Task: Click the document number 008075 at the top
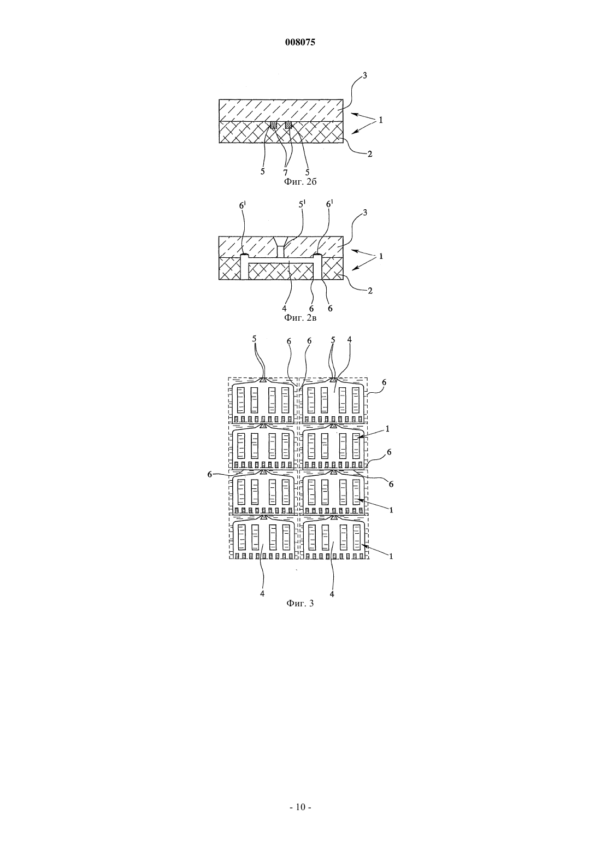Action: pyautogui.click(x=300, y=43)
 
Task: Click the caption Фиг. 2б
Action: pyautogui.click(x=300, y=182)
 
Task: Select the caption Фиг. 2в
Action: pyautogui.click(x=300, y=317)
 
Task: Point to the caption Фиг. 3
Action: pyautogui.click(x=300, y=603)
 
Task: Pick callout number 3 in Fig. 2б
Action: pyautogui.click(x=365, y=75)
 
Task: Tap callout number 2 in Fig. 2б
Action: pyautogui.click(x=370, y=154)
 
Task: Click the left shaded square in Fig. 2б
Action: pyautogui.click(x=273, y=125)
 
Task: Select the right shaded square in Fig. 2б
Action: pyautogui.click(x=288, y=125)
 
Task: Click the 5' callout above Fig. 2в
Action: pyautogui.click(x=302, y=204)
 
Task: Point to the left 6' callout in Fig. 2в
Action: pyautogui.click(x=242, y=204)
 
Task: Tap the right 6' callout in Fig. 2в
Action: pyautogui.click(x=329, y=204)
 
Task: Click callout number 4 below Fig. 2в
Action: pyautogui.click(x=284, y=308)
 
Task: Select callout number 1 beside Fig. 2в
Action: pyautogui.click(x=381, y=256)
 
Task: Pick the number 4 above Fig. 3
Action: pyautogui.click(x=350, y=340)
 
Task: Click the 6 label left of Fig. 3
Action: pyautogui.click(x=209, y=474)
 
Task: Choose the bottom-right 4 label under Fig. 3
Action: pyautogui.click(x=332, y=594)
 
